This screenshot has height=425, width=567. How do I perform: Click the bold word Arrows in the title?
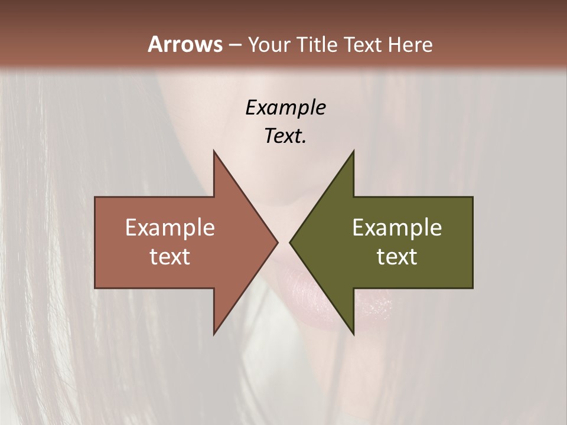184,44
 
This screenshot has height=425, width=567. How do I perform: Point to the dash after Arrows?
234,45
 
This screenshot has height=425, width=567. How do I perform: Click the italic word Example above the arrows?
285,108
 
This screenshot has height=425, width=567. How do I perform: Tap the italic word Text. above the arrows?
285,136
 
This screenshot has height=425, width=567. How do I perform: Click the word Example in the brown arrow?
170,228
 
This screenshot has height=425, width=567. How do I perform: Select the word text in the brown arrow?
170,256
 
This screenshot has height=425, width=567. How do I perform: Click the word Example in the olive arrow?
397,228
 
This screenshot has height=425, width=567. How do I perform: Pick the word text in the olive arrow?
397,256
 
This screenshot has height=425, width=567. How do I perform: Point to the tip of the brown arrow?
276,243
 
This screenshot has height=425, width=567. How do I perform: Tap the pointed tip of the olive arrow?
291,243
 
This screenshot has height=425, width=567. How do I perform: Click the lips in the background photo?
331,295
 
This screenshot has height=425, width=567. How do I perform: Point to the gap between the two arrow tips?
283,243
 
